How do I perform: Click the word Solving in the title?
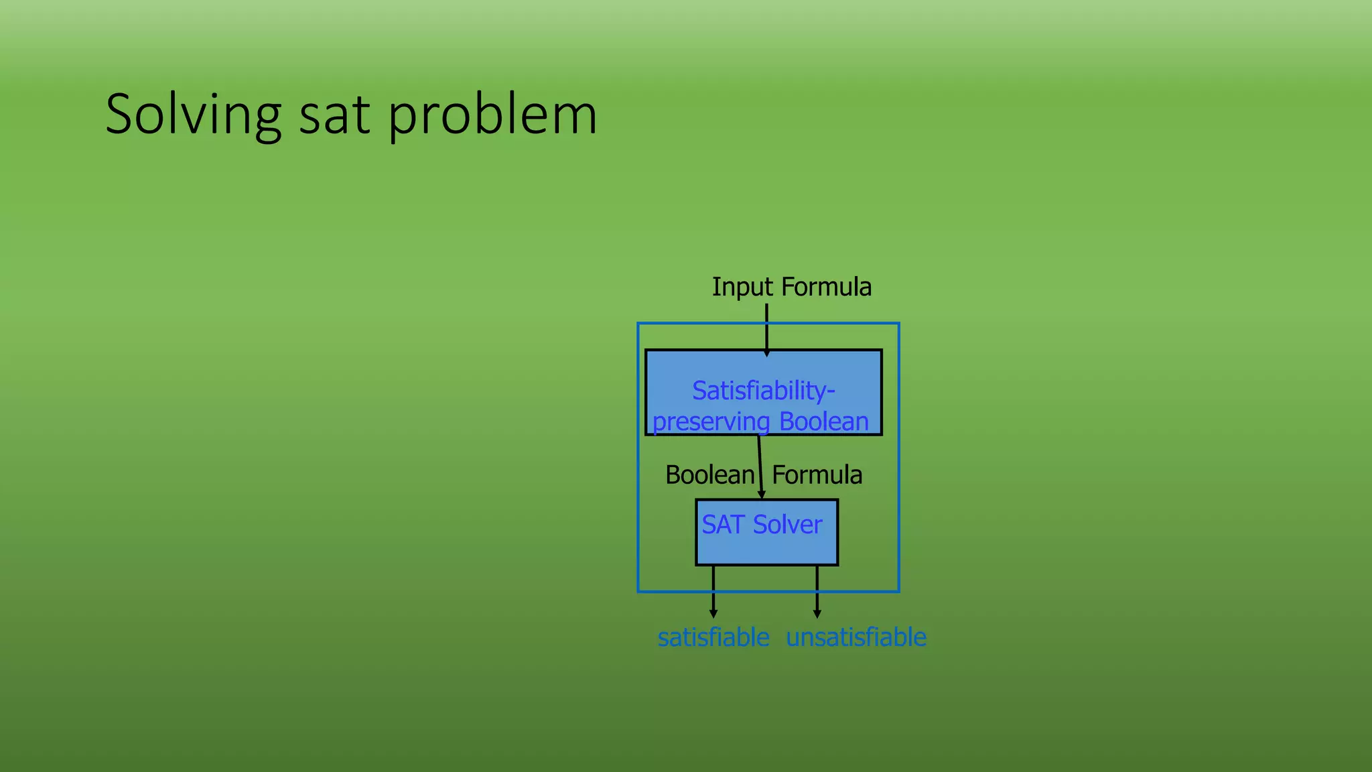pos(193,115)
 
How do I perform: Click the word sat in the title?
pos(334,115)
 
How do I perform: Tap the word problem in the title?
pos(492,115)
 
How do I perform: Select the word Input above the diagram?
pos(742,287)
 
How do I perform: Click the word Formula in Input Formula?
pos(827,287)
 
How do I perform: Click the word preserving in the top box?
pos(711,422)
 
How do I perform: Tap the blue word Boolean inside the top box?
pos(823,422)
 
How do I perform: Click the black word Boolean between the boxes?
pos(709,475)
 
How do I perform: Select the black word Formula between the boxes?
pos(817,475)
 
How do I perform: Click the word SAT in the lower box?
pos(723,525)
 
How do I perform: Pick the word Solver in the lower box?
pos(787,525)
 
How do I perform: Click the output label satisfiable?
pos(713,637)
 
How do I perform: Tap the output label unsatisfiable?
pos(856,637)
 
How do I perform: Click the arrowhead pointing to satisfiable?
pos(713,613)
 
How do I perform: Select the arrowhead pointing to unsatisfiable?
pos(817,613)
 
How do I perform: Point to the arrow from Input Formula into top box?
pos(766,328)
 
